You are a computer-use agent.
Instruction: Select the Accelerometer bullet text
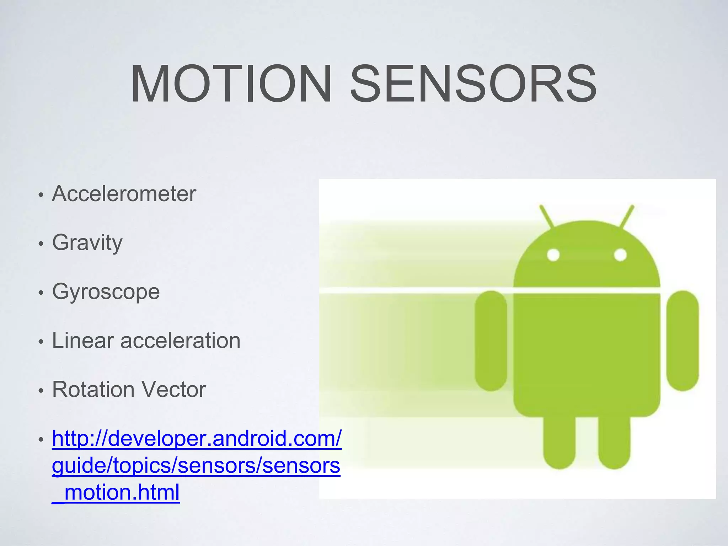(x=124, y=194)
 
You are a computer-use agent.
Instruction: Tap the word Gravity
(x=87, y=243)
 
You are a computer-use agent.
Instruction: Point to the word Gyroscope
(x=106, y=292)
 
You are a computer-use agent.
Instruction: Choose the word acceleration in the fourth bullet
(x=181, y=341)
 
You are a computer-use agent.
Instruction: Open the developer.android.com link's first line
(x=197, y=439)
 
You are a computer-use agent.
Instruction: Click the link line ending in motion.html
(x=116, y=492)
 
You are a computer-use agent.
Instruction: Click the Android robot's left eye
(x=553, y=255)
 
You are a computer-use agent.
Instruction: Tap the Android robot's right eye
(x=620, y=255)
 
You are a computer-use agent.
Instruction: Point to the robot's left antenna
(x=546, y=216)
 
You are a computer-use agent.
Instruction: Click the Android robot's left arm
(x=491, y=341)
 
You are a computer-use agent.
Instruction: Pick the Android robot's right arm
(x=682, y=341)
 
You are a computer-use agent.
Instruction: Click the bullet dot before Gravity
(x=41, y=244)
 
